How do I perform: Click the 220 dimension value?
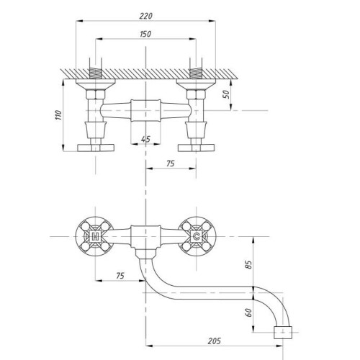[x=145, y=16]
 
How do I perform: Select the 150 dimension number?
[x=145, y=34]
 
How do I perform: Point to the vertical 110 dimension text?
[x=58, y=115]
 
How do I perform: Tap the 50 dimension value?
[x=226, y=94]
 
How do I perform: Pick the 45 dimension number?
[x=145, y=139]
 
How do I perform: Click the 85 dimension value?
[x=248, y=265]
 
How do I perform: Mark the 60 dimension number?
[x=248, y=312]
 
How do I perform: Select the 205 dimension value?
[x=214, y=341]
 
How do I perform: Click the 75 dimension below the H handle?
[x=120, y=276]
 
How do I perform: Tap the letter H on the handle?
[x=96, y=237]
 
